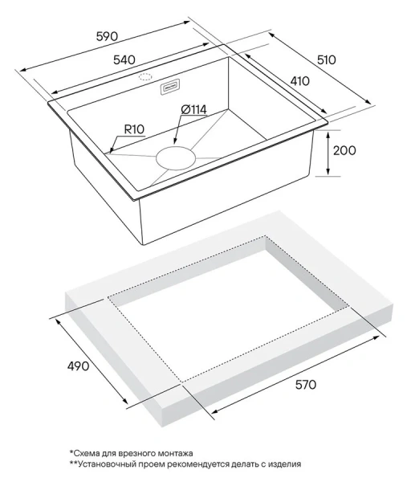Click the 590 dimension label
107,37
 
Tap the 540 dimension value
124,59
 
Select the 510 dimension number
327,59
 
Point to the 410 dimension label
299,81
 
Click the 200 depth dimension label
344,150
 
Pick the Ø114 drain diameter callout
193,110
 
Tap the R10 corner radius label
134,129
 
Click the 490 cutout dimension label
79,366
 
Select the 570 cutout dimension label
306,385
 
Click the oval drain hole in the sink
176,158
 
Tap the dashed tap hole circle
145,77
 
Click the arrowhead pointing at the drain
175,141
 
